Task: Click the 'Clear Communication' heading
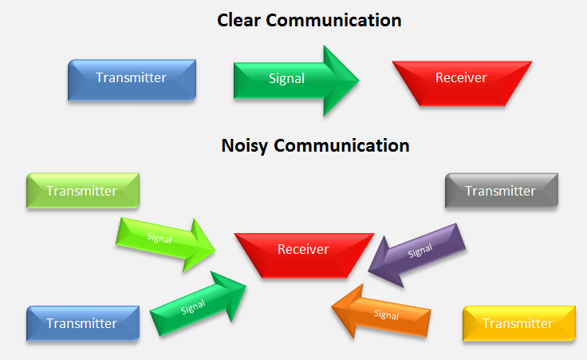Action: [309, 20]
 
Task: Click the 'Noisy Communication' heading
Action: [314, 145]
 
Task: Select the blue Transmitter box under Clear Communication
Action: [132, 79]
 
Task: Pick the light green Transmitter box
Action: [82, 192]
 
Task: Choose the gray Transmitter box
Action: [500, 192]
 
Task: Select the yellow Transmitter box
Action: [518, 323]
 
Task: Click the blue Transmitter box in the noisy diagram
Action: [82, 323]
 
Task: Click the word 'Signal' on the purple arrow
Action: [420, 251]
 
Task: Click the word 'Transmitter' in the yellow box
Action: [518, 323]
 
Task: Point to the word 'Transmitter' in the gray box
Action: [500, 191]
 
